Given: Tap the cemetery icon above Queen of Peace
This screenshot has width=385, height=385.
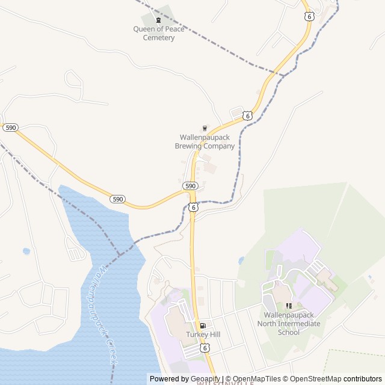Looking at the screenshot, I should coord(159,20).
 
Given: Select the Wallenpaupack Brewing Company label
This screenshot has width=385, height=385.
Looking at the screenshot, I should coord(205,141).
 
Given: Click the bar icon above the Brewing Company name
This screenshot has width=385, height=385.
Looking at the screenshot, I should coord(205,128).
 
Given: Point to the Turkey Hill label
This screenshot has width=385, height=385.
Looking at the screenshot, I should coord(202,334).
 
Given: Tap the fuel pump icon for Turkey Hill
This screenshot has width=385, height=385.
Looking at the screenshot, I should coord(202,325).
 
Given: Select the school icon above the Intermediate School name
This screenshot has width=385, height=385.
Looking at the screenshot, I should coord(289,306).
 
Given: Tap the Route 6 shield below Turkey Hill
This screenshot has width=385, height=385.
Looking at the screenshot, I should coord(205,348).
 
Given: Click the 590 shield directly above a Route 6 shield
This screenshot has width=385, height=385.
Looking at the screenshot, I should coord(190,186).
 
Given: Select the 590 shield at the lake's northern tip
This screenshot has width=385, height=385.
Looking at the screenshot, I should coord(118,199).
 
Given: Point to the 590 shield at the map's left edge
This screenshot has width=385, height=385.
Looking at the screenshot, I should coord(10,128).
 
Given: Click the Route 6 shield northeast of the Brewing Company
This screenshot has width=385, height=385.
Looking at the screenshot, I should coord(247,115).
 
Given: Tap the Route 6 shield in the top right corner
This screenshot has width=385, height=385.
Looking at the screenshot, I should coord(309,17).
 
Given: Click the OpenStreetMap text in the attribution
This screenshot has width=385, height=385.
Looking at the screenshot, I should coord(316,379).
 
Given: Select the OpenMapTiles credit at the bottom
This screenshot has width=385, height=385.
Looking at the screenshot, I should coord(257,379).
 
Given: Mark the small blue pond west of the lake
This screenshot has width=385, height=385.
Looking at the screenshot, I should coord(26,251).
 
